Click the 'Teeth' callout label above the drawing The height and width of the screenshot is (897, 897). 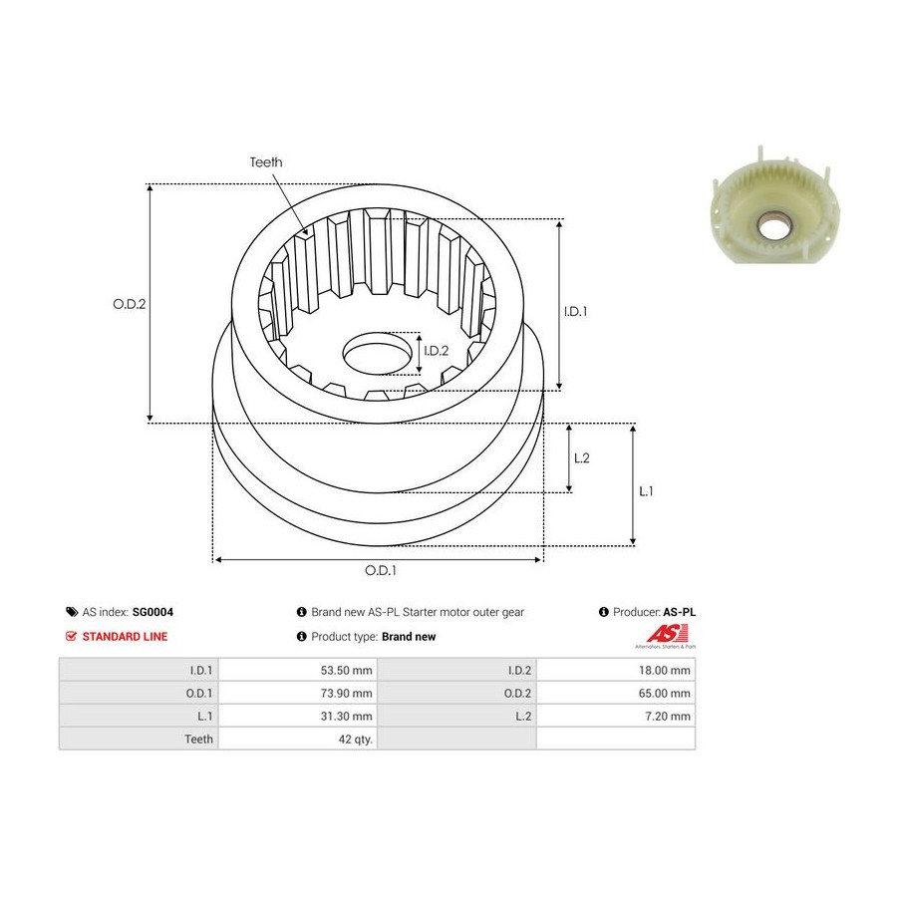tap(266, 162)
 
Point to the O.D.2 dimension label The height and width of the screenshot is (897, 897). tap(130, 304)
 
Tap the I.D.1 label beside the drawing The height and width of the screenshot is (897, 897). tap(575, 311)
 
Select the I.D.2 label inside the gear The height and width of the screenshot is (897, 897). tap(436, 351)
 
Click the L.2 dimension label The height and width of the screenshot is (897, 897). tap(582, 458)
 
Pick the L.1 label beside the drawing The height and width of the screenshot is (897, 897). tap(646, 491)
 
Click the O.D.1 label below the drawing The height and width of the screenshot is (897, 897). tap(381, 570)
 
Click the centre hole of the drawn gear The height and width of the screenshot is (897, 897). tap(378, 354)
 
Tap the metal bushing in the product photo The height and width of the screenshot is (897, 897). tap(772, 226)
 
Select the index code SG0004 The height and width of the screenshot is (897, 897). tap(152, 612)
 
